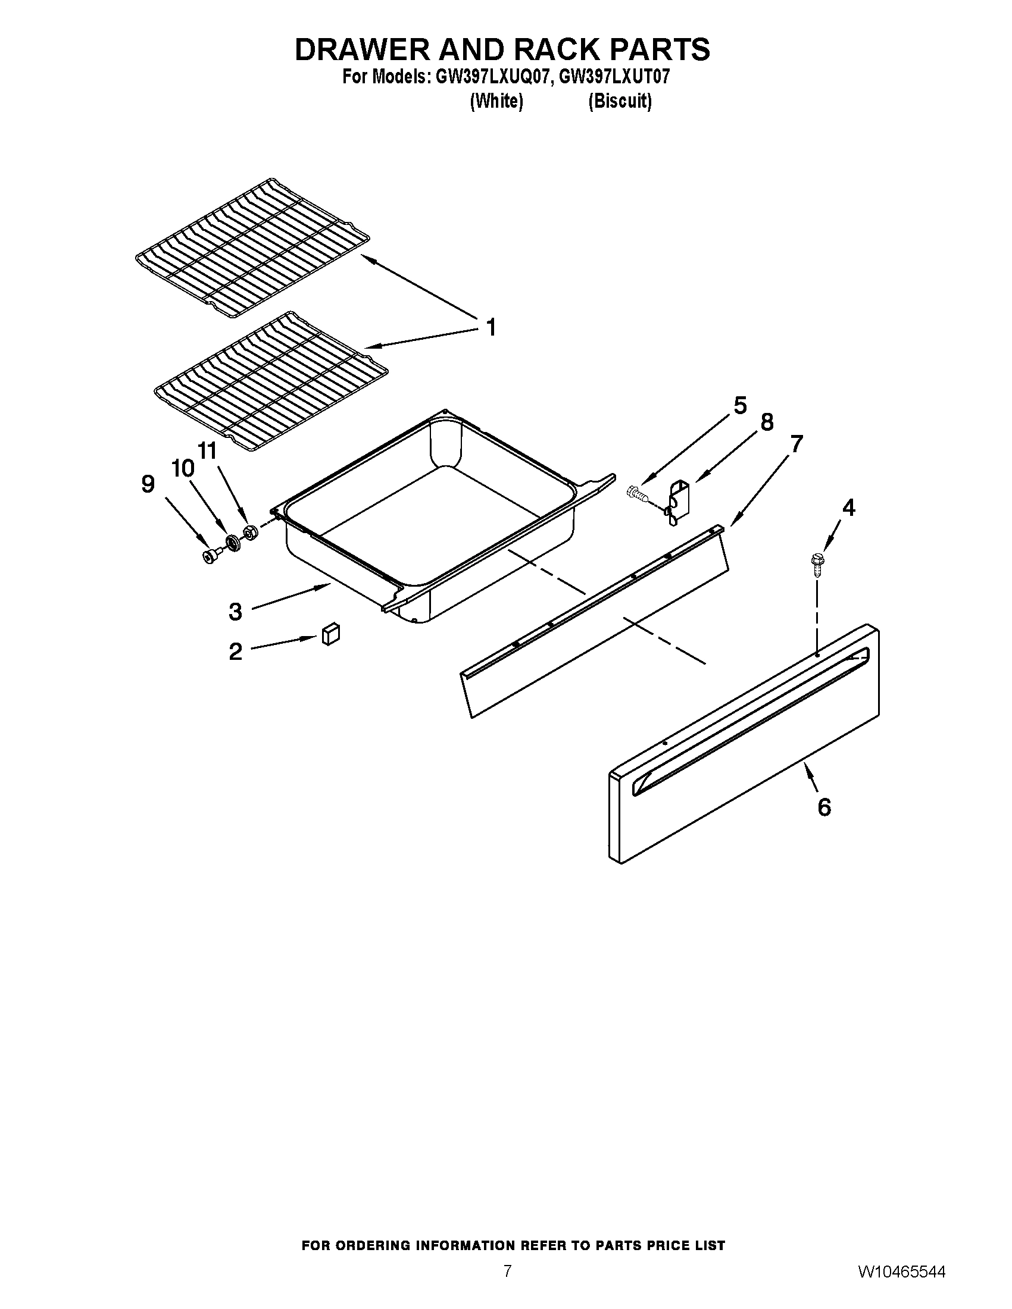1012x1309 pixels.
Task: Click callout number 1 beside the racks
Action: point(491,328)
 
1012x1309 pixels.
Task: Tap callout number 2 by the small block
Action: point(235,652)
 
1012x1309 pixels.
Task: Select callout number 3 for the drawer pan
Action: point(235,611)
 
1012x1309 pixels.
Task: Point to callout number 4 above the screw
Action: point(848,508)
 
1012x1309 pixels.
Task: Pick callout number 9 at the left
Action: point(148,484)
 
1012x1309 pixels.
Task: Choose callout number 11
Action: point(207,450)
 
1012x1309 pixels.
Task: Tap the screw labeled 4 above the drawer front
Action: point(816,564)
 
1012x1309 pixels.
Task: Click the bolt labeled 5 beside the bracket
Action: point(637,494)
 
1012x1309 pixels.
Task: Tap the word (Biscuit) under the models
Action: point(619,101)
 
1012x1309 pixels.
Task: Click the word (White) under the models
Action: point(496,101)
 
